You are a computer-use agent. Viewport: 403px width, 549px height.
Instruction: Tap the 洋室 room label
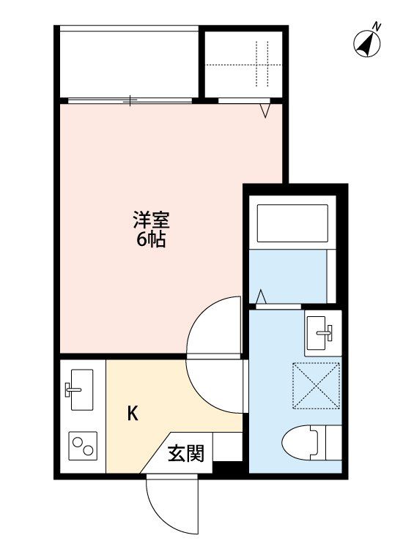152,218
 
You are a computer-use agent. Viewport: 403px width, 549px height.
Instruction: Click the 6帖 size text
152,239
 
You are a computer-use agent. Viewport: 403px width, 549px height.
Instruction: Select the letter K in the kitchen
133,414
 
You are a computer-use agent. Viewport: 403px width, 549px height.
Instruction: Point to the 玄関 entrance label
185,454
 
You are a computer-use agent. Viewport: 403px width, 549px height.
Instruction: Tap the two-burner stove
83,444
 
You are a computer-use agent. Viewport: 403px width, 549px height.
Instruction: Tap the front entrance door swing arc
171,505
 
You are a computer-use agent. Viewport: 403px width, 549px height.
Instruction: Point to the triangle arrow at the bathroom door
262,297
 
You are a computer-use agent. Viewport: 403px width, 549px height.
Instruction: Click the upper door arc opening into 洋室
212,326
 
